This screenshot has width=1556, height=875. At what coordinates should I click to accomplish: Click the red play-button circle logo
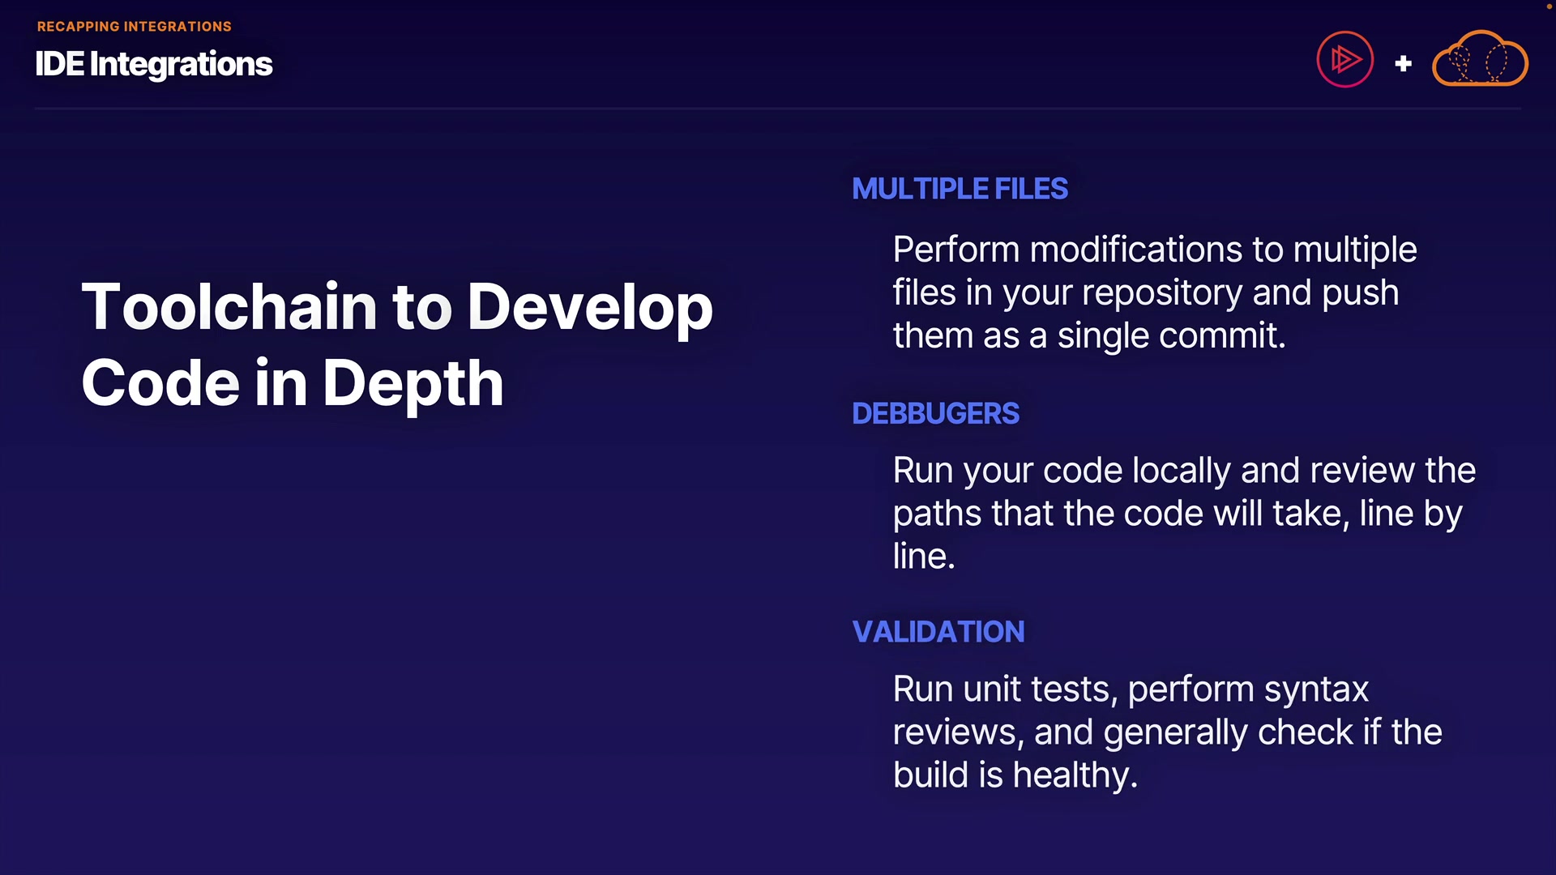click(x=1344, y=59)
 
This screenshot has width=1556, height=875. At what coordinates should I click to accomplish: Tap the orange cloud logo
click(x=1480, y=59)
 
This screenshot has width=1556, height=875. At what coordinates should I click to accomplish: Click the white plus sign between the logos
click(x=1404, y=63)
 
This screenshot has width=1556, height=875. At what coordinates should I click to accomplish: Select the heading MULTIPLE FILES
click(x=960, y=189)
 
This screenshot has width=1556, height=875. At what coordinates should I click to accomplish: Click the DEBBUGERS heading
click(x=935, y=413)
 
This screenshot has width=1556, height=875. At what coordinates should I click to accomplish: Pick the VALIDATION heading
click(x=938, y=632)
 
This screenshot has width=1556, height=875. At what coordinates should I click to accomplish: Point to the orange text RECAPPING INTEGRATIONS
click(x=135, y=27)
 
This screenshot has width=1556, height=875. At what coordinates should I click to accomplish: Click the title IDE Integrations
click(x=154, y=64)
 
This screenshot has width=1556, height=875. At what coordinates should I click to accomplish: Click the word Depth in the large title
click(x=413, y=383)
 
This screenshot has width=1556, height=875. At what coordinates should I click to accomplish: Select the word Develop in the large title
click(x=590, y=309)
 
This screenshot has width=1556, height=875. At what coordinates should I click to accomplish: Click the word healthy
click(x=1075, y=776)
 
